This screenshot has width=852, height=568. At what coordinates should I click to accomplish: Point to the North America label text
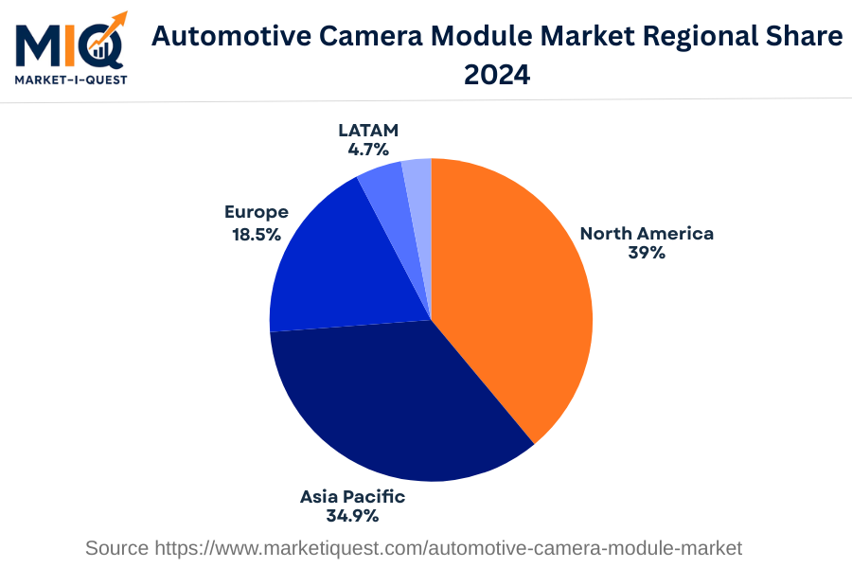point(647,233)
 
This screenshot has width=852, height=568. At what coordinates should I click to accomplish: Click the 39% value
point(647,253)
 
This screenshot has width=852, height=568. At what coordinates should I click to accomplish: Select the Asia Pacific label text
point(352,496)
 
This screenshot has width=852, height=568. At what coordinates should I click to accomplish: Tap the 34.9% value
point(352,516)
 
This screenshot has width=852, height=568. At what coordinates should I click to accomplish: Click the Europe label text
point(257,212)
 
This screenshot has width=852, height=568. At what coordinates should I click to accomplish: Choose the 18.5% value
point(257,233)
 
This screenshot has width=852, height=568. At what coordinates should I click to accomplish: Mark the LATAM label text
point(368,130)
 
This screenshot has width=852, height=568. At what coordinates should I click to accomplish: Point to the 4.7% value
point(368,150)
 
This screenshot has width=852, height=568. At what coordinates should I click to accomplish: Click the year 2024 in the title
point(497,74)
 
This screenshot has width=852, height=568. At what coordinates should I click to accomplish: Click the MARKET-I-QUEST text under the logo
point(71,79)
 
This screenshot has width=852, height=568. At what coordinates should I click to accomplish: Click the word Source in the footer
point(116,547)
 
